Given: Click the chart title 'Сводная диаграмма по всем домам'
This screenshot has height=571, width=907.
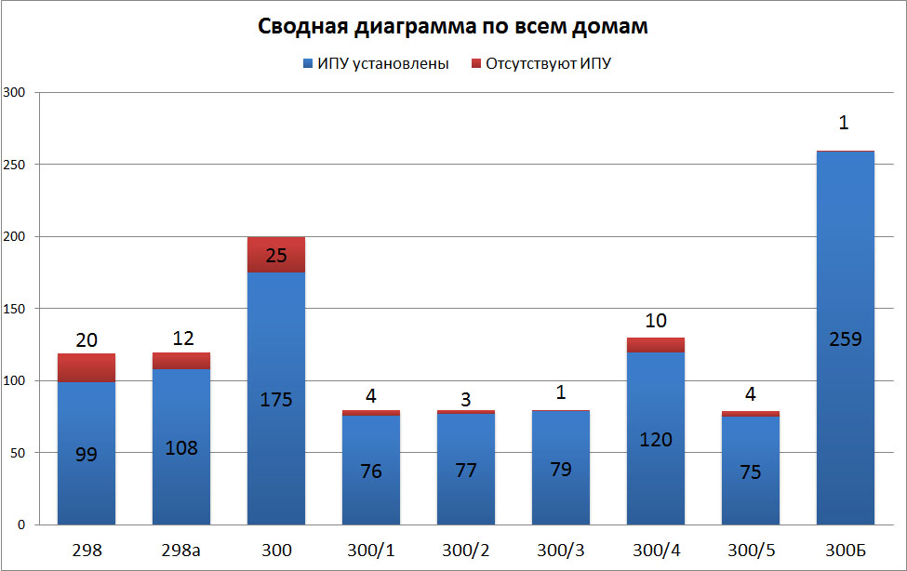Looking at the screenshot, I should [x=452, y=26].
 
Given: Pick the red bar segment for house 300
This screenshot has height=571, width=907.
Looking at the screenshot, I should [x=276, y=255].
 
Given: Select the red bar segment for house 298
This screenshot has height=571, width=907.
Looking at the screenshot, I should [x=87, y=368].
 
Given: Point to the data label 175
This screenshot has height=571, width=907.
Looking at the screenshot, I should [x=276, y=400].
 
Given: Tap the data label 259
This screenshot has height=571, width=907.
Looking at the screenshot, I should [x=845, y=339].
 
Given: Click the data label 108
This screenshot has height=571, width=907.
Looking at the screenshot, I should [x=181, y=447].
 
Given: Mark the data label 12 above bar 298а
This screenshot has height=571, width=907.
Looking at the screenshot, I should [x=181, y=339].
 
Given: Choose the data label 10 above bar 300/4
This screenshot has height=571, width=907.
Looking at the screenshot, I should [x=656, y=321].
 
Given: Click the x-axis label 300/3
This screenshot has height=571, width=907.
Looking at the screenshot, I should [x=561, y=551].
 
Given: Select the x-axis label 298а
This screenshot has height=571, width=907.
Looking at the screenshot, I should [x=181, y=551].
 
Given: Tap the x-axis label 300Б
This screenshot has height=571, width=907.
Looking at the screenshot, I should [x=845, y=551].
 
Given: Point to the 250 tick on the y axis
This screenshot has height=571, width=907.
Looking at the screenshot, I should [x=16, y=165].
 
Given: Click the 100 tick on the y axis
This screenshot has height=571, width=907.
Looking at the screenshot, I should [x=16, y=381].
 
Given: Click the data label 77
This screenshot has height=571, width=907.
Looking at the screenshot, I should [x=466, y=470].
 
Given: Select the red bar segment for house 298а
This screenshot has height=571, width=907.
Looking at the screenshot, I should [x=181, y=361].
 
